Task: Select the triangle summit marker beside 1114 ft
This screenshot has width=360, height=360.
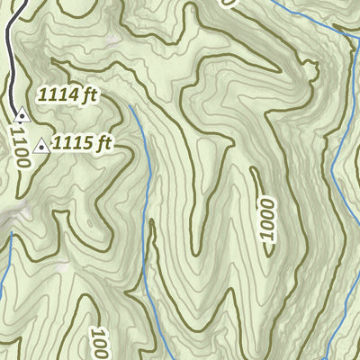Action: coord(22,115)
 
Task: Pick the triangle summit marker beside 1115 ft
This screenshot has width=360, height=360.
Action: coord(40,145)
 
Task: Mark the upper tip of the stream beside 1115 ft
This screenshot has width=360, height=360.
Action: coord(132,106)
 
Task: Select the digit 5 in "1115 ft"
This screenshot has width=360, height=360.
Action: coord(88,142)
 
